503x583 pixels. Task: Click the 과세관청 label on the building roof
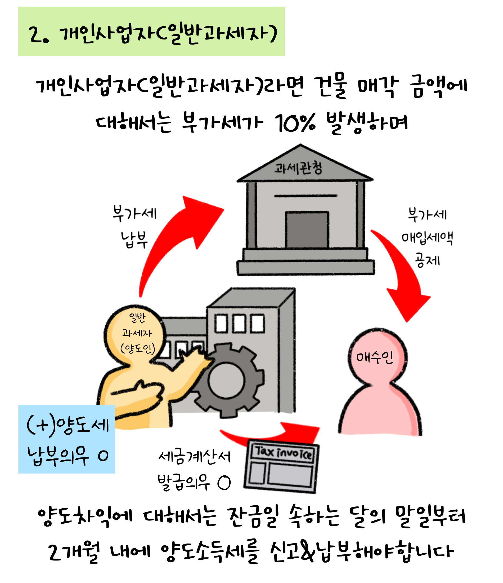[298, 168]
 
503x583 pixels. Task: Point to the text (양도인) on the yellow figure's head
[137, 349]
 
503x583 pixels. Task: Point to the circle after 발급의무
[224, 483]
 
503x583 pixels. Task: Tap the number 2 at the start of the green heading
[35, 35]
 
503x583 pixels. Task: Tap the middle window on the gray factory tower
[239, 324]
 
